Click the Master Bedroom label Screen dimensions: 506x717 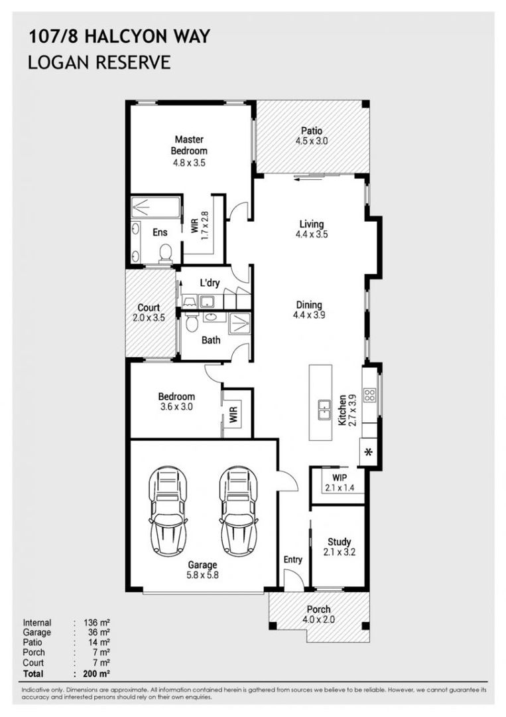coord(189,145)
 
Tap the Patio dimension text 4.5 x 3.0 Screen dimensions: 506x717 coord(312,141)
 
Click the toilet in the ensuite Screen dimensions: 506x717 coord(165,253)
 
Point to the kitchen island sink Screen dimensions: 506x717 coord(324,410)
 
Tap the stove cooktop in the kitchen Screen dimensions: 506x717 coord(369,394)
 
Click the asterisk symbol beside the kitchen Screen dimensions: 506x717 coord(369,452)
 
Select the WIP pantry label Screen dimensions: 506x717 coord(340,478)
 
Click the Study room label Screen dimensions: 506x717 coord(340,542)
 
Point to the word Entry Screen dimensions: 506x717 coord(292,560)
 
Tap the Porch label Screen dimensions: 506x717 coord(318,609)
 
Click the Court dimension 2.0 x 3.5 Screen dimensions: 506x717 coord(149,318)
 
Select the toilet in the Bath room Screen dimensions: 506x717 coord(192,323)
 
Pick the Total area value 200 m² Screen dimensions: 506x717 coord(96,674)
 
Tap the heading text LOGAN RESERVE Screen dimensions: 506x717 coord(99,62)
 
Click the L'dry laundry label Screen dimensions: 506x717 coord(210,283)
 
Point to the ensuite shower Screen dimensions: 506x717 coord(156,207)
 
